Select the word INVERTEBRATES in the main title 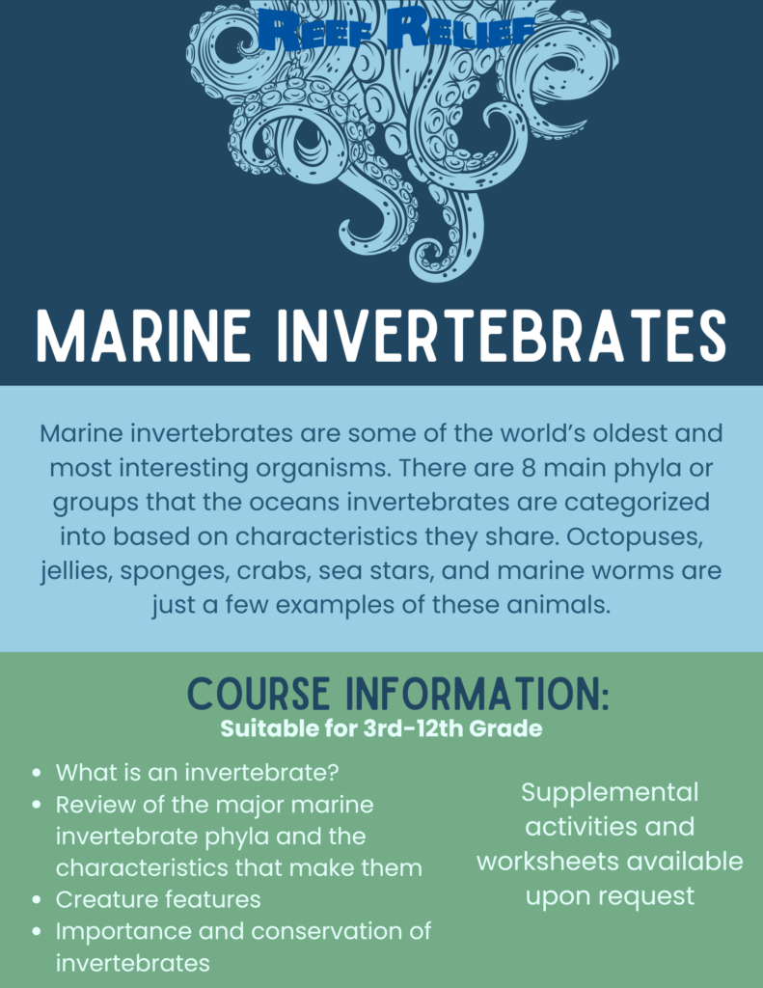point(503,337)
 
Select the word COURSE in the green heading point(259,695)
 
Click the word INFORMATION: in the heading point(478,695)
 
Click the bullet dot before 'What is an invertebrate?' point(38,773)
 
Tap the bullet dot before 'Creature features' point(38,900)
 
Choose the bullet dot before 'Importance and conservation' point(38,931)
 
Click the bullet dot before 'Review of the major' point(38,805)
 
